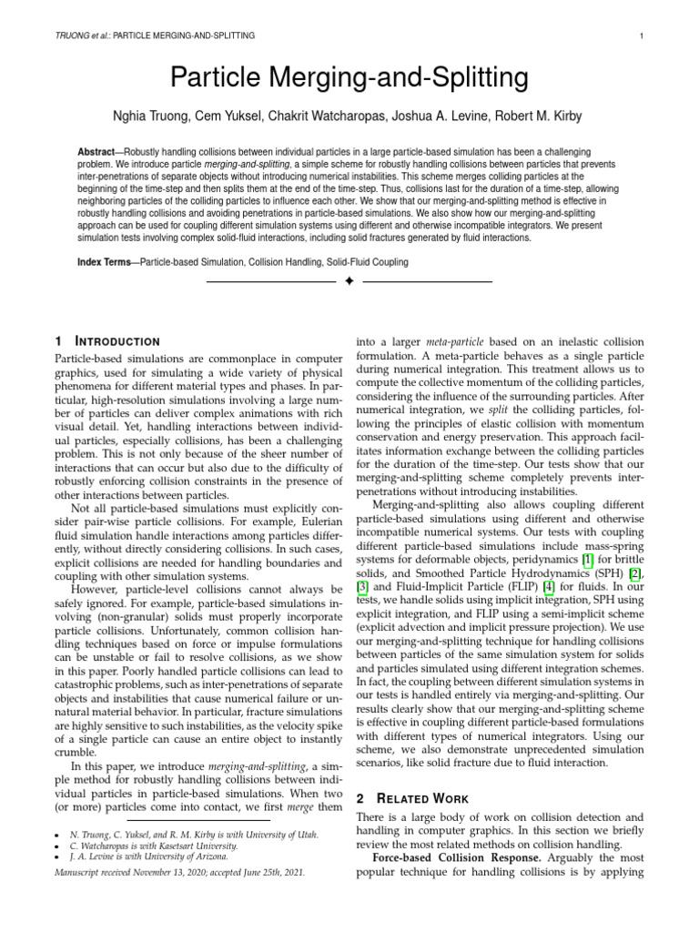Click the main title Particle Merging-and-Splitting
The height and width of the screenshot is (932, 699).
pos(349,78)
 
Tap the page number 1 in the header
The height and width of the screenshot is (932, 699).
pos(643,35)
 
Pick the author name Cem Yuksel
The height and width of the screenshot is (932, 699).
pos(238,116)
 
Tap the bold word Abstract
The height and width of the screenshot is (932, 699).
pos(98,150)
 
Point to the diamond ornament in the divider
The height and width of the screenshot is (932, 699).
pos(349,282)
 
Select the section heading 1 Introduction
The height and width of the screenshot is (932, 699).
pos(107,340)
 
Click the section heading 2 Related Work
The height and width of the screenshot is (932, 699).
pos(412,798)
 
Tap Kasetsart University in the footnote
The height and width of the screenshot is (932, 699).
pos(191,844)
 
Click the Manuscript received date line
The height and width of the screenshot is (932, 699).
pos(179,871)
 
